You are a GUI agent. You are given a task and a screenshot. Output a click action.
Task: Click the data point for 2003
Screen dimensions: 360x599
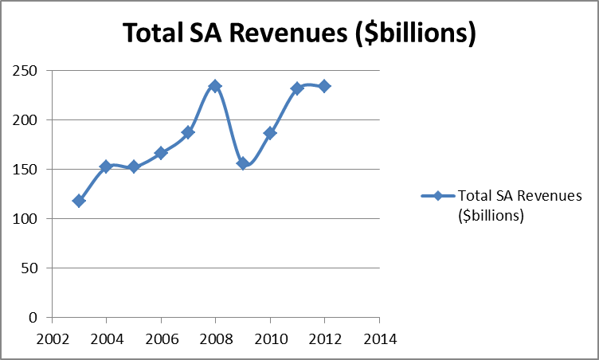click(x=78, y=201)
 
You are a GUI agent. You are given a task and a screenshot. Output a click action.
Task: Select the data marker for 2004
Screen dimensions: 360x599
click(x=105, y=166)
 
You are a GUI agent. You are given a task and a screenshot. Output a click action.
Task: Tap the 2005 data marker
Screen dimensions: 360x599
click(x=133, y=167)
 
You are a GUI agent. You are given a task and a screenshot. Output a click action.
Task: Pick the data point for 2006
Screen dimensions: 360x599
click(x=160, y=153)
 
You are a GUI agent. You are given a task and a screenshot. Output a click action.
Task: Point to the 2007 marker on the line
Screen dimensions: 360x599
click(x=188, y=132)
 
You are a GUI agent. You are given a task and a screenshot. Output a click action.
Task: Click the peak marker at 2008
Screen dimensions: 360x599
click(x=215, y=86)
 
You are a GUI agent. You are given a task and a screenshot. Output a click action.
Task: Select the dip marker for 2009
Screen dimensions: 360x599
click(x=243, y=163)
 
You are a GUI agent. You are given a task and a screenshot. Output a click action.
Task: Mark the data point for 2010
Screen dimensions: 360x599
click(x=270, y=133)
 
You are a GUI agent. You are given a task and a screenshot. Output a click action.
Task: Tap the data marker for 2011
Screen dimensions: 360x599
click(x=297, y=88)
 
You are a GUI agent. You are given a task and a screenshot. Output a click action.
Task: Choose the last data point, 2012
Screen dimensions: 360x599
click(x=324, y=86)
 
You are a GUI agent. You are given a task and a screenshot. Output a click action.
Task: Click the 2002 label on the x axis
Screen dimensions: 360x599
click(x=52, y=337)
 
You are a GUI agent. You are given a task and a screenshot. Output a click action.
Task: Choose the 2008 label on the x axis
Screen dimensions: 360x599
click(x=215, y=337)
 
